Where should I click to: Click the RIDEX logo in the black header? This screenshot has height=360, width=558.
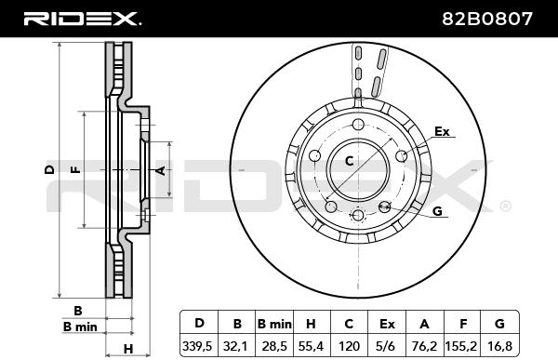point(82,19)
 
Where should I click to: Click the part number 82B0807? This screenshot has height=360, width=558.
point(487,19)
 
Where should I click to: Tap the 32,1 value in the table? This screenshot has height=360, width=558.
point(235,346)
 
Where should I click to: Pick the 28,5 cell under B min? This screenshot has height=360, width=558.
point(274,346)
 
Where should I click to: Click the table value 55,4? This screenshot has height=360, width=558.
point(311,346)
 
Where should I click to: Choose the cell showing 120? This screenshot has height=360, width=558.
point(349,346)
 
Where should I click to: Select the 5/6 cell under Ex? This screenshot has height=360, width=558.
point(387,346)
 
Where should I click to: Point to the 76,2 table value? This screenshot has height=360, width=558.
point(424,346)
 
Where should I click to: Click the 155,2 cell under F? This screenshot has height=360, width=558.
point(461,346)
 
